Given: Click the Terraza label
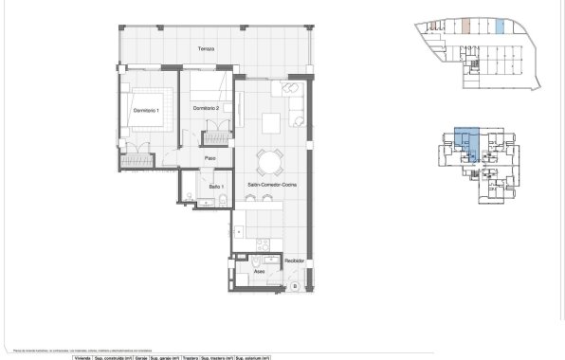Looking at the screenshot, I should coord(206,48).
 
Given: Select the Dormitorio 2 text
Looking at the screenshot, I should coord(206,109).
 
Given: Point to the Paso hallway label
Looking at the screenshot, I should coord(212,157).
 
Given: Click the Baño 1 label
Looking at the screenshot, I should coord(216,188).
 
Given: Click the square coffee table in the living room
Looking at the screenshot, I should coord(273,121).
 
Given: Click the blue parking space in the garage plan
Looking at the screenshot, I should coord(500,26).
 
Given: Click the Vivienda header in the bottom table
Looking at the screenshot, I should coord(82,357).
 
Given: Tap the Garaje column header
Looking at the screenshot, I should coord(140,357).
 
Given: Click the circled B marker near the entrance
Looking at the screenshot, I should coord(295,285).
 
